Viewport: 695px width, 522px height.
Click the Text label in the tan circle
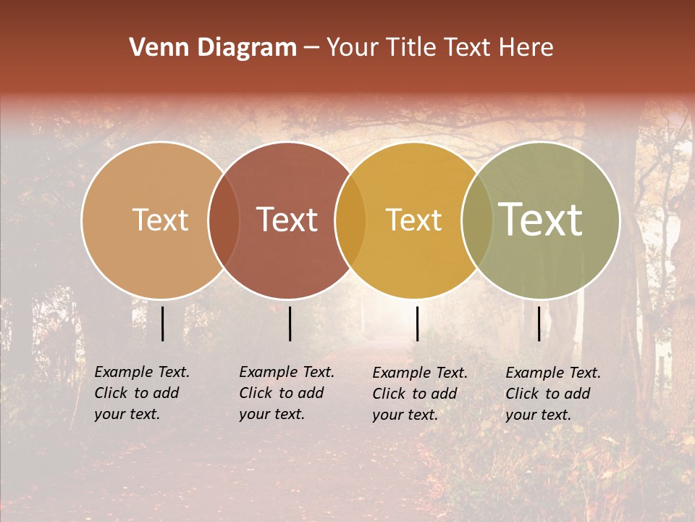(160, 220)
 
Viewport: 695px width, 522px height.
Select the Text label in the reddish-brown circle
(287, 220)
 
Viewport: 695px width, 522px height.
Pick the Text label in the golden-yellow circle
(413, 220)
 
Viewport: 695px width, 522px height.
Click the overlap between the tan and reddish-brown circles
(224, 220)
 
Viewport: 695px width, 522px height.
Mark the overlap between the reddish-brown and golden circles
(350, 220)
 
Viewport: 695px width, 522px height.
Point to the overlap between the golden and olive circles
(477, 220)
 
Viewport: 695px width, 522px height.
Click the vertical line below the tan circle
(162, 323)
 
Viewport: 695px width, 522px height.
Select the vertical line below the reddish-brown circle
(290, 323)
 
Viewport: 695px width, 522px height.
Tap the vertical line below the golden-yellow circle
(417, 323)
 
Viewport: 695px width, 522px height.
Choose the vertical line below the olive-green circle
(539, 323)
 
